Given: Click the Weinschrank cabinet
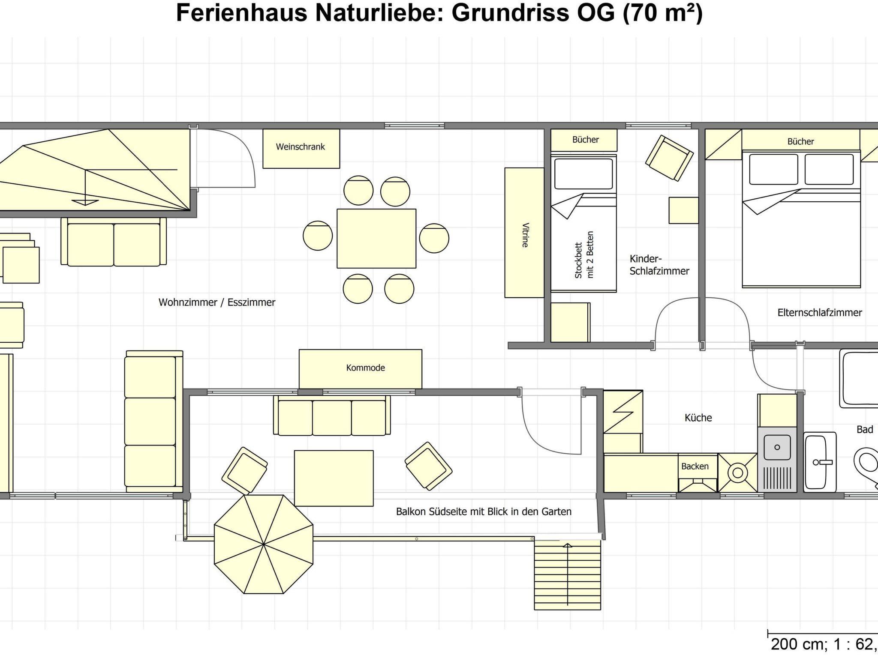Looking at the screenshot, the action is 301,149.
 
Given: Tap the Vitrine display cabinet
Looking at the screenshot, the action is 524,233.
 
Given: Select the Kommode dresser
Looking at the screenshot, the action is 361,369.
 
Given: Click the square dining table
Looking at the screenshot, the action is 376,239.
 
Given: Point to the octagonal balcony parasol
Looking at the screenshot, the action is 264,544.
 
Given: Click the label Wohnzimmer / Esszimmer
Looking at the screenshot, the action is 217,302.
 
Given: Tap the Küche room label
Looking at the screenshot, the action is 698,418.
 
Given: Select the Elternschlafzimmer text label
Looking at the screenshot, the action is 820,313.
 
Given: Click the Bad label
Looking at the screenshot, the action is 865,429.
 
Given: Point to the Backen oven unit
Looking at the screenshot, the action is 698,473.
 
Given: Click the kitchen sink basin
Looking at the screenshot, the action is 777,448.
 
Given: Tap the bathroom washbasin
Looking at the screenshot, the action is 820,462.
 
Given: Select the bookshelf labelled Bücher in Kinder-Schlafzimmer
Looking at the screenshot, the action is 584,140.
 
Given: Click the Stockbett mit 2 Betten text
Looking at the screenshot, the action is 584,255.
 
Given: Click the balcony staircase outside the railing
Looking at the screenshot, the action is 567,574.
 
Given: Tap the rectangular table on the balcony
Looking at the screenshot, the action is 334,478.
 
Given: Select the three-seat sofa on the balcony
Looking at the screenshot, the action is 332,416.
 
